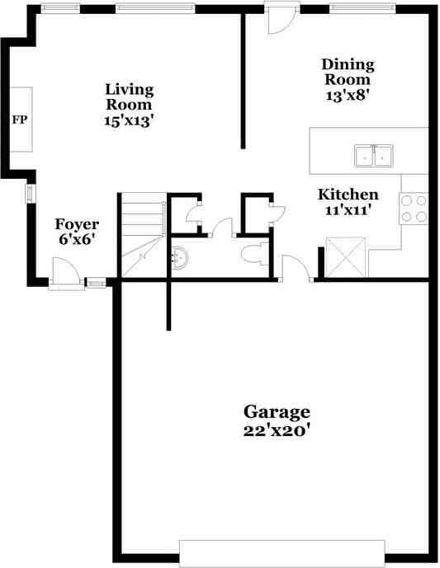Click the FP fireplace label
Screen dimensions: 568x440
(19, 120)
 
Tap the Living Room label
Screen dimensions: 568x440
(129, 97)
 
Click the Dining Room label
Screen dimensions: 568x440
(348, 72)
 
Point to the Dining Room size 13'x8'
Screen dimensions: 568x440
(348, 94)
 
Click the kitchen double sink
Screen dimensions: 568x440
(374, 155)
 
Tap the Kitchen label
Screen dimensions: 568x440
(348, 195)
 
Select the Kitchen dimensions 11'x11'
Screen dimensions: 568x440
(348, 210)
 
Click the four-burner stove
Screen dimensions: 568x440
(414, 209)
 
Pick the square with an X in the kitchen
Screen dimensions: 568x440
(345, 257)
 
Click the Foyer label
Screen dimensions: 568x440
(77, 224)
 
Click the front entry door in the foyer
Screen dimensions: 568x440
(64, 274)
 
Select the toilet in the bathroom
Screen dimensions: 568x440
(253, 256)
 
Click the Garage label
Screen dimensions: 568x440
(276, 411)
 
